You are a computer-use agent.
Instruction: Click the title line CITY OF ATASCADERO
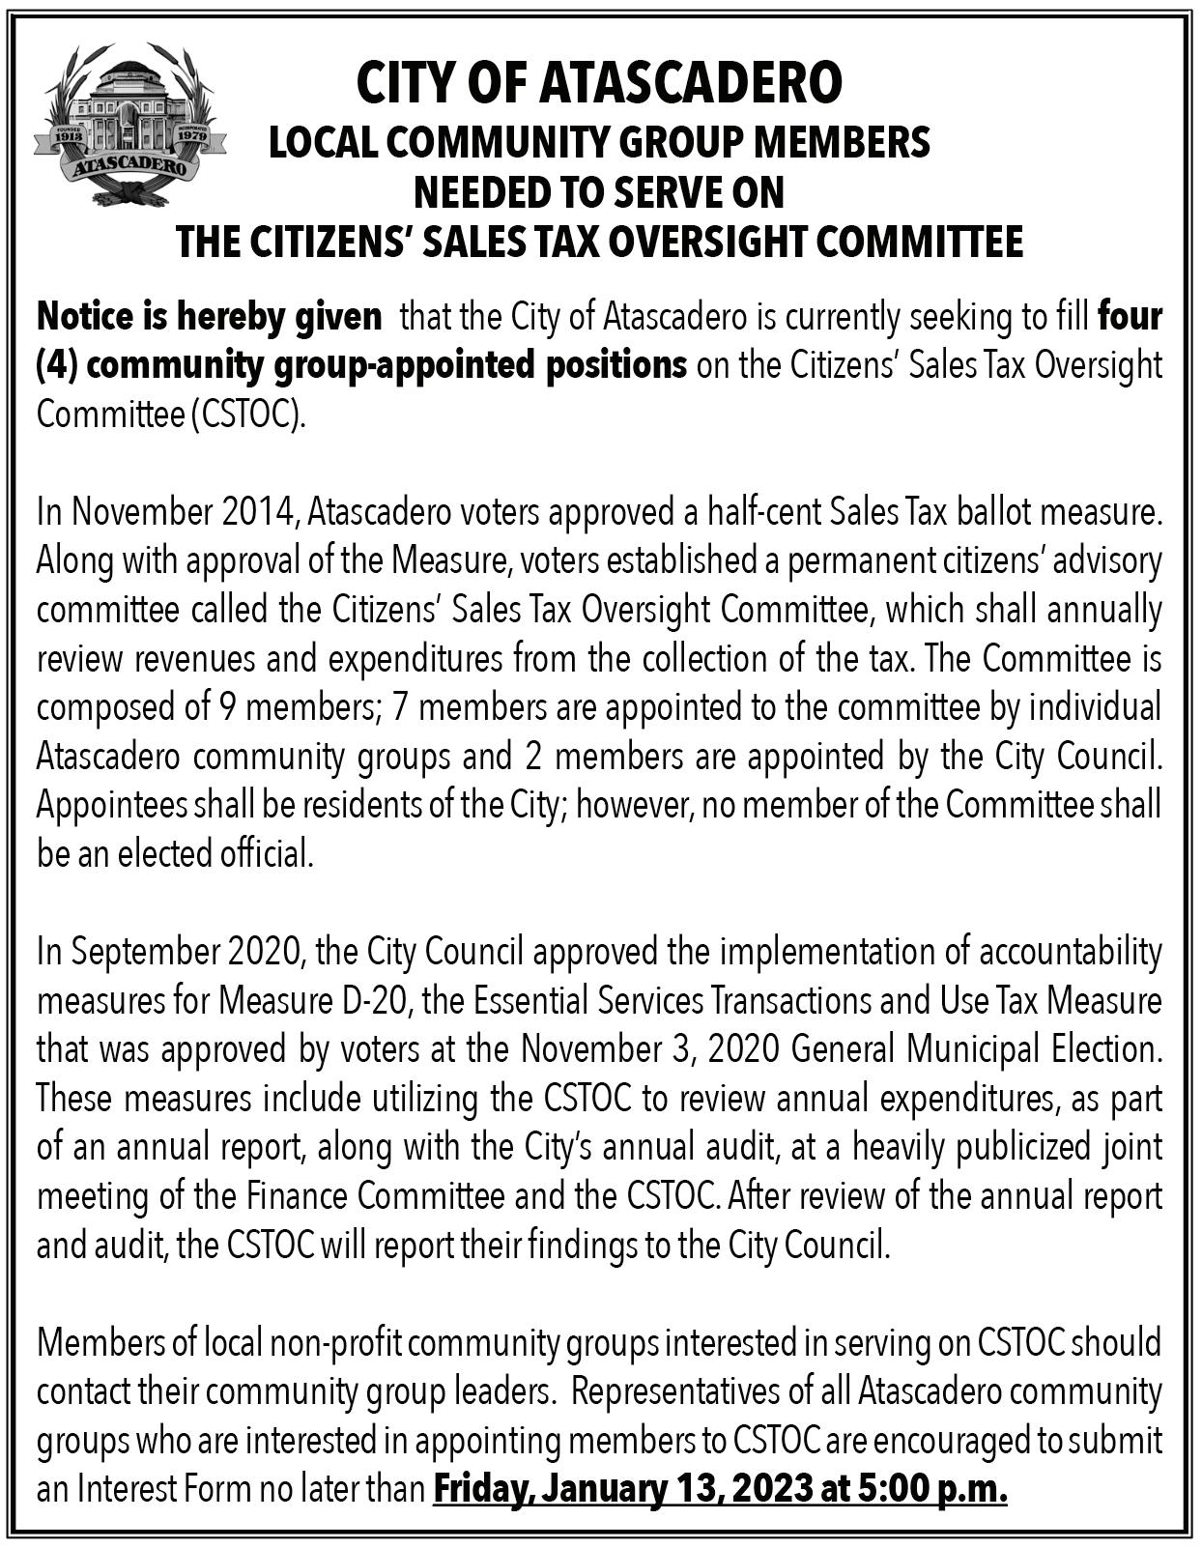pos(599,84)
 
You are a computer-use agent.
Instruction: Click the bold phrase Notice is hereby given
pos(209,316)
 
